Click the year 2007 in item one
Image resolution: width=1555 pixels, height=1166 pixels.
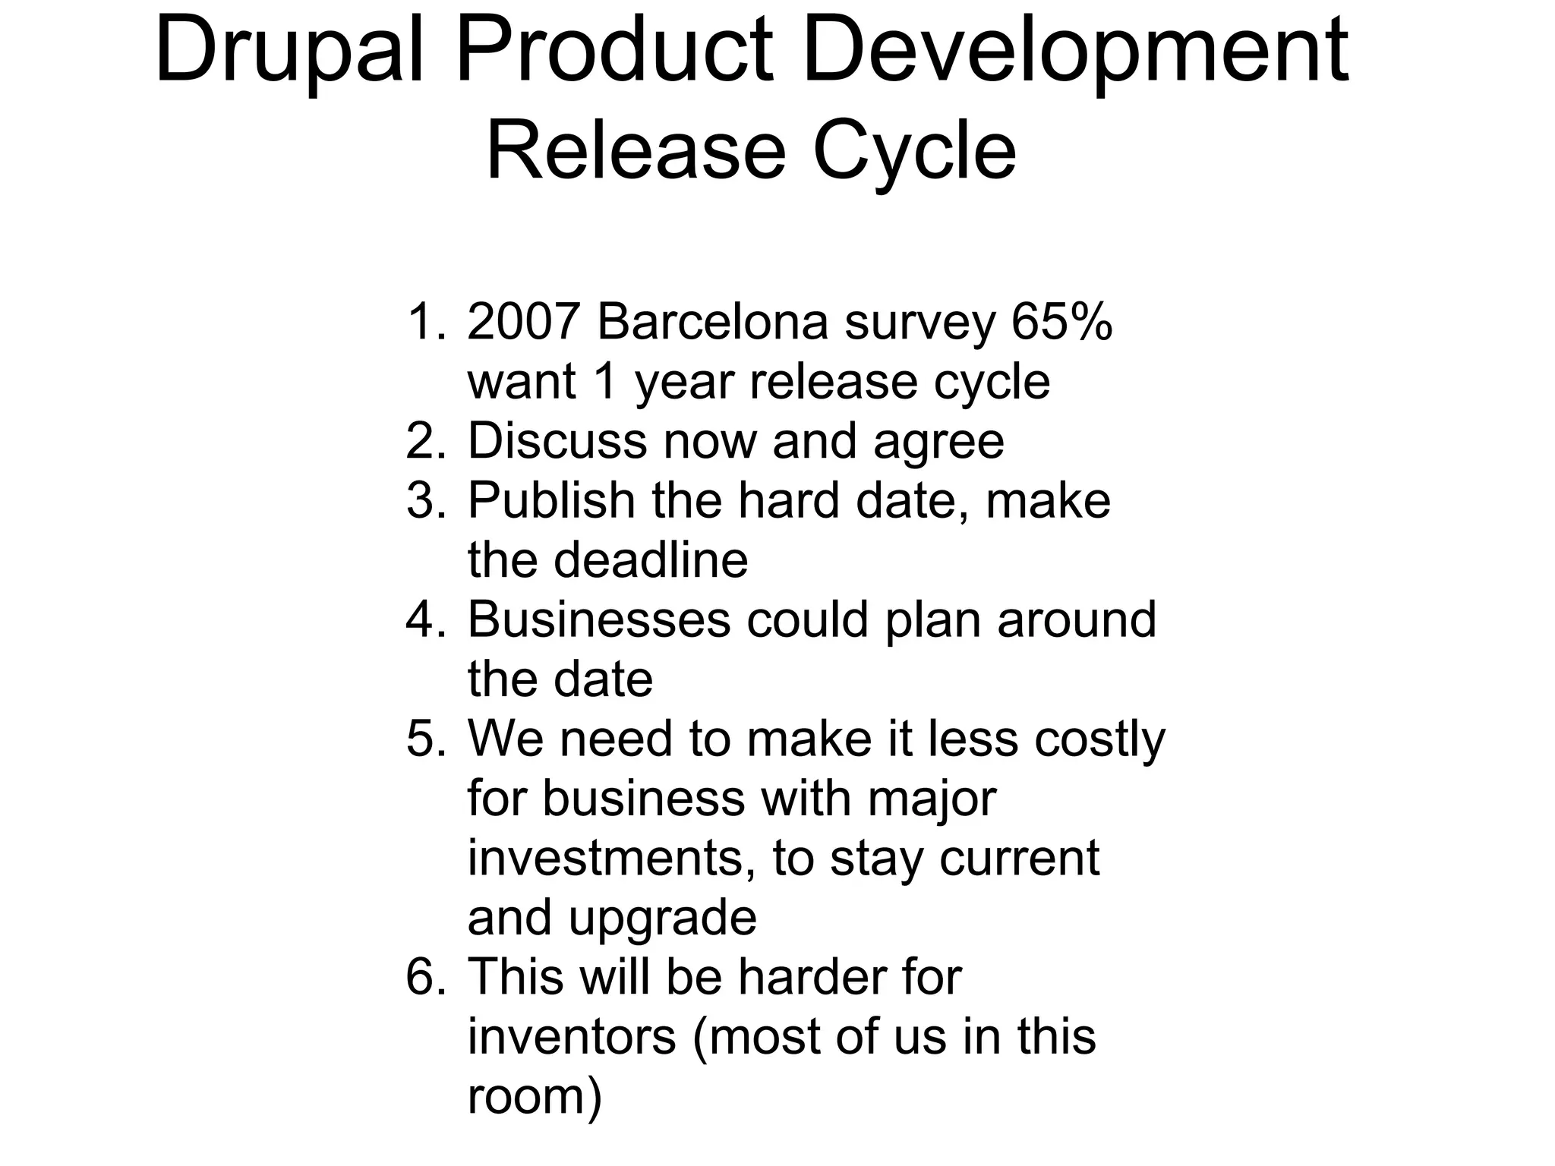pos(524,322)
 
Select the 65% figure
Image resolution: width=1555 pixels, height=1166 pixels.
pos(1061,322)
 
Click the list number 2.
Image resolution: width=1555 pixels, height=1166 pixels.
pos(421,441)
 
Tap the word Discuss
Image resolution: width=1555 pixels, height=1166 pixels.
pos(557,441)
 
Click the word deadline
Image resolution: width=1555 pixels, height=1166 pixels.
pos(651,560)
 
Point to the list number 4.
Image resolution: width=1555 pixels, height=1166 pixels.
pos(421,620)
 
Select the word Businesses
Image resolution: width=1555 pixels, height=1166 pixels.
pos(598,620)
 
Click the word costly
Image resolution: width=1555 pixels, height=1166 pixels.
pos(1099,739)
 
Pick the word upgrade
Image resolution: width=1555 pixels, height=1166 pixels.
pos(662,919)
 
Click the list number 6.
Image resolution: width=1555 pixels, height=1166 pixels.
pos(421,978)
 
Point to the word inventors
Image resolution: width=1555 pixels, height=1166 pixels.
pos(571,1037)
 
